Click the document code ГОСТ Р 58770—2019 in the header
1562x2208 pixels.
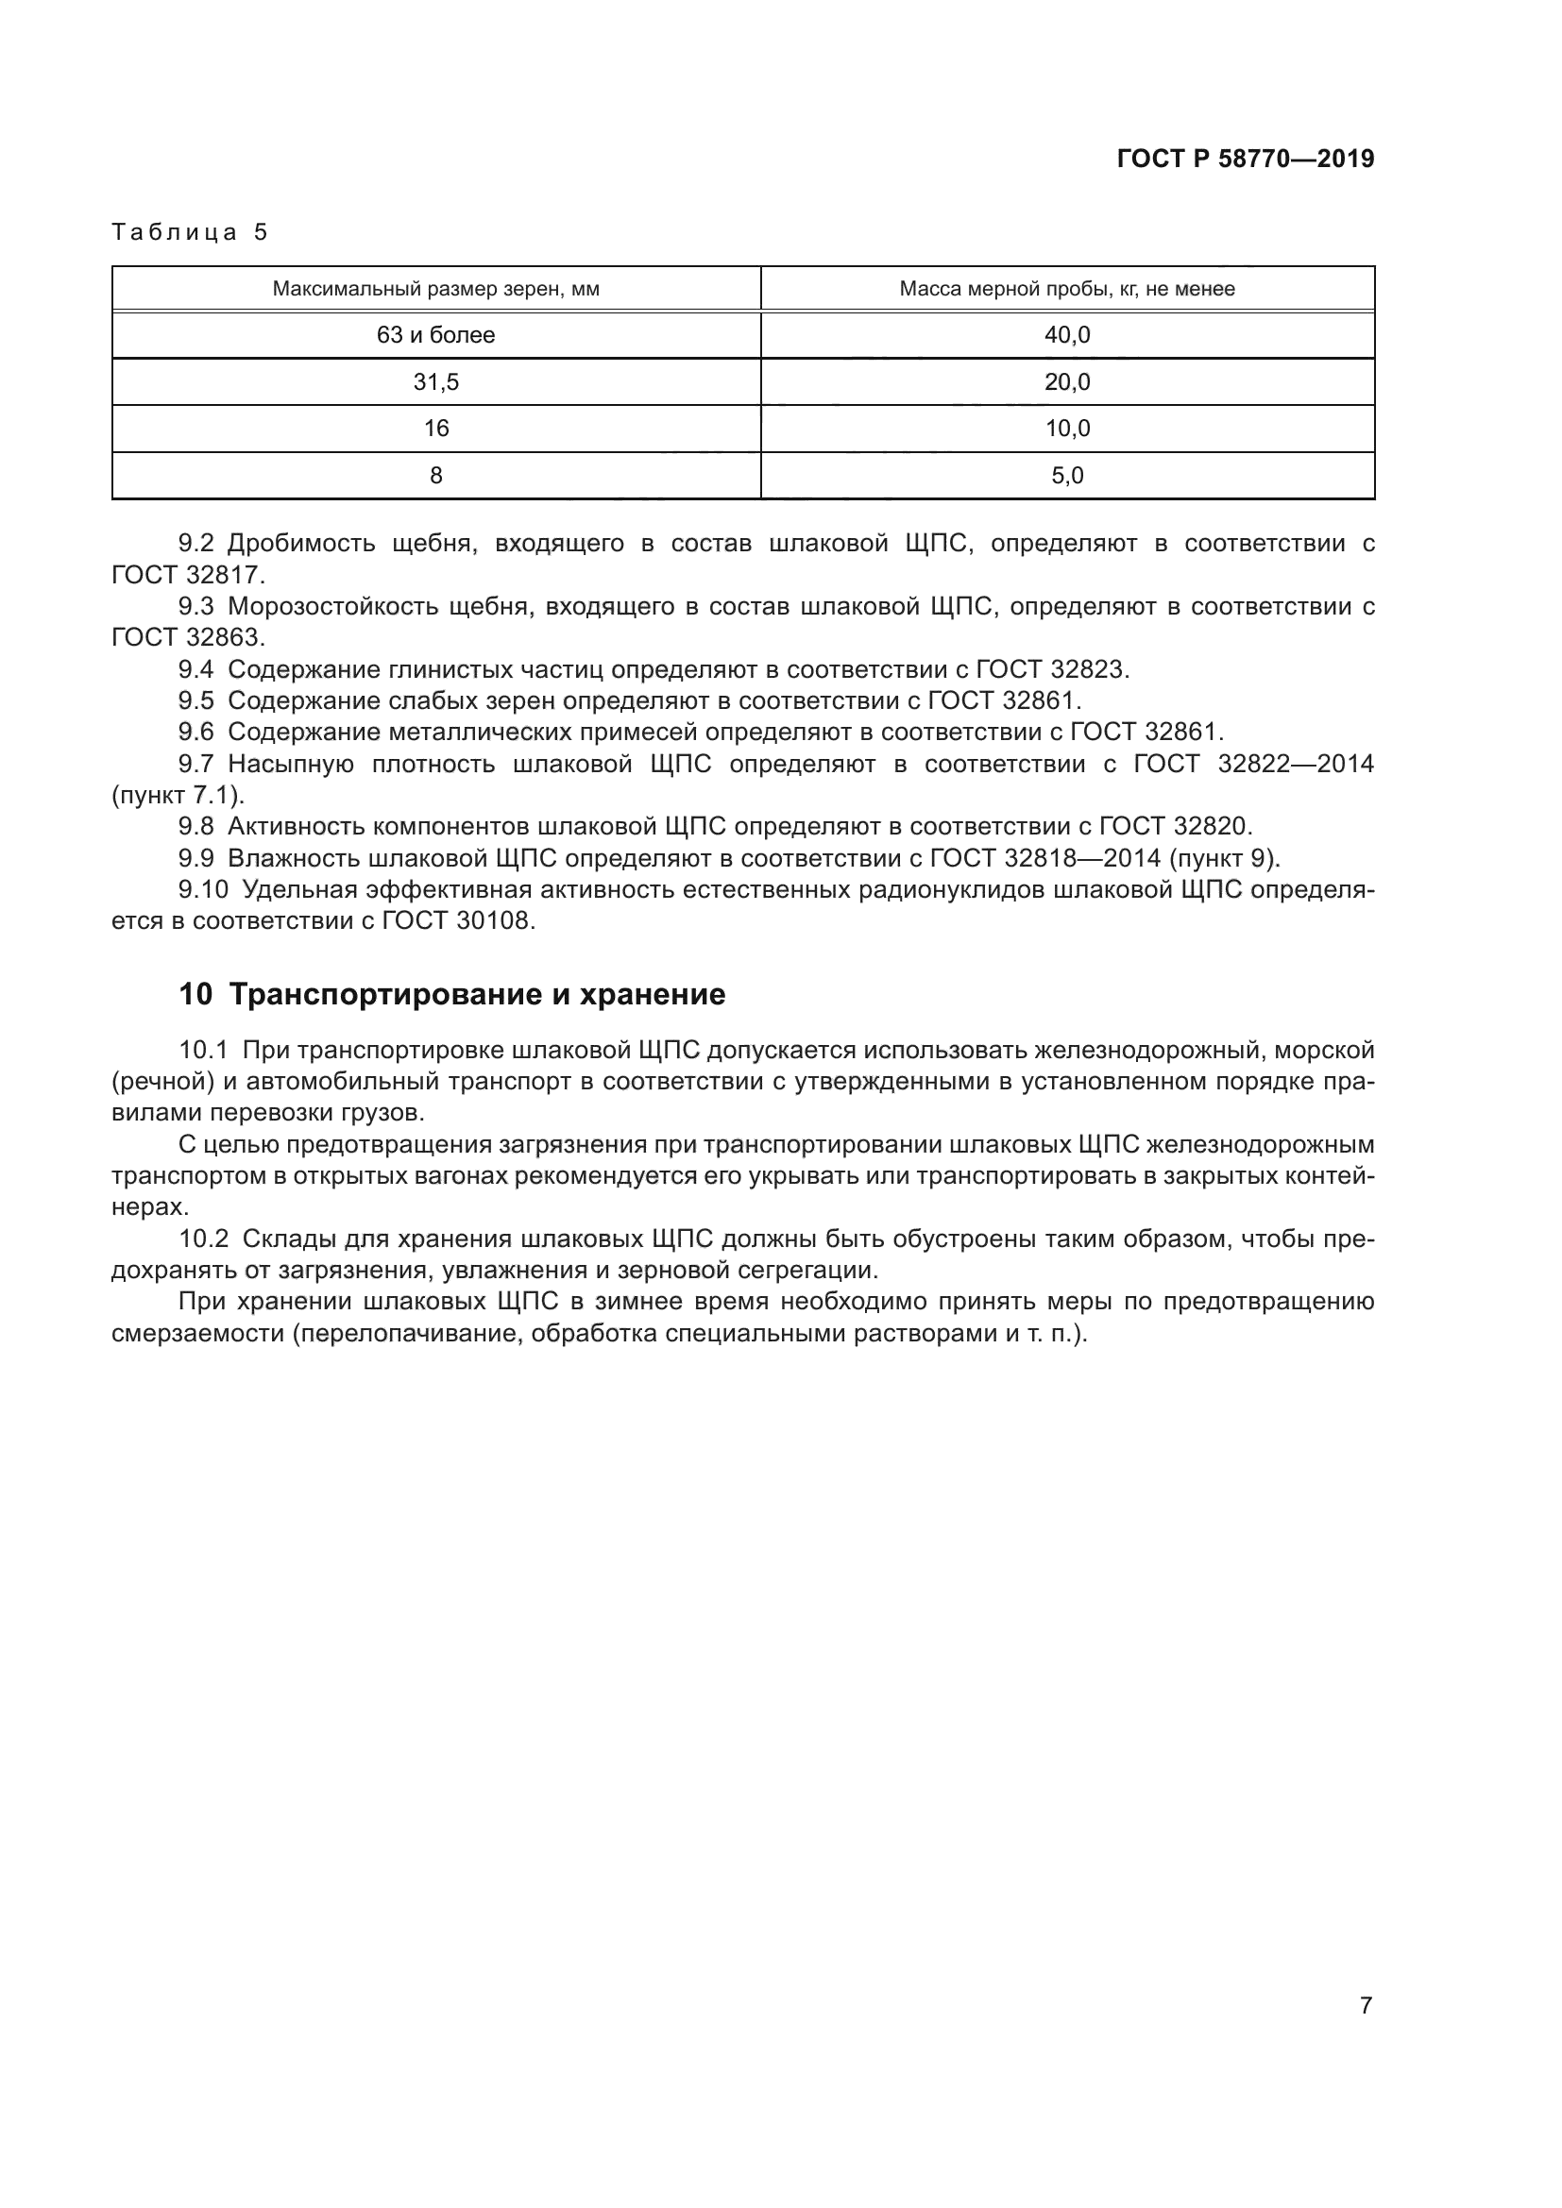click(1246, 160)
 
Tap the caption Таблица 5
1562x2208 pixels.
click(190, 232)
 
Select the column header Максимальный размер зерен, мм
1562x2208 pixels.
click(435, 289)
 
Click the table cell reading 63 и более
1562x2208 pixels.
click(435, 336)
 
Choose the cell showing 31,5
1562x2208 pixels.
click(435, 382)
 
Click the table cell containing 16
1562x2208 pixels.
click(435, 429)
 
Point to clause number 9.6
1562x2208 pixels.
click(196, 733)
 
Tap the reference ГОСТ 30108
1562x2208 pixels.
click(456, 921)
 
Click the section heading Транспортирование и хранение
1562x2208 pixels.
click(477, 994)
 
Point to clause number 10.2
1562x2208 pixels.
click(203, 1239)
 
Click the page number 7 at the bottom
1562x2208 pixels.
click(1366, 2006)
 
